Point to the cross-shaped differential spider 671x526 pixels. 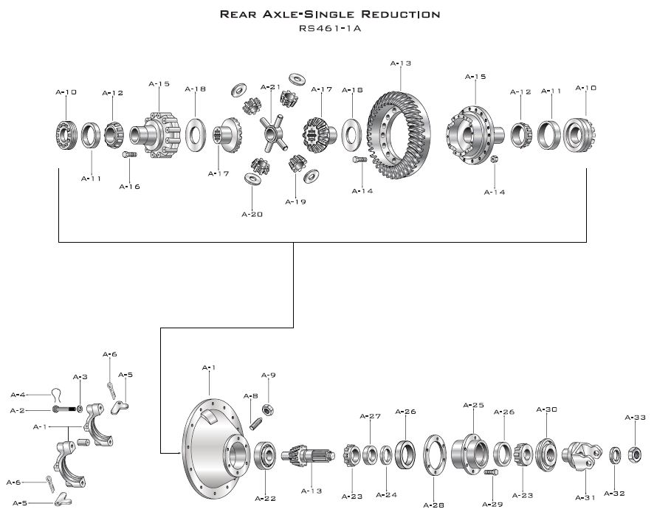click(x=270, y=132)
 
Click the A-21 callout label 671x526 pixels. click(x=271, y=87)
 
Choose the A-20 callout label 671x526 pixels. click(x=252, y=214)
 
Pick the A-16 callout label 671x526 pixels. click(x=129, y=187)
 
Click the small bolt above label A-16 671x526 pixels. click(x=128, y=154)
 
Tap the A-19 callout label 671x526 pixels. click(x=295, y=201)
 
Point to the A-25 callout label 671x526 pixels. click(x=473, y=405)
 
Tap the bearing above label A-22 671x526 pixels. click(x=265, y=456)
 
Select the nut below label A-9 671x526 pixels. click(x=269, y=409)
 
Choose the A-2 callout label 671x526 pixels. click(x=18, y=410)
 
